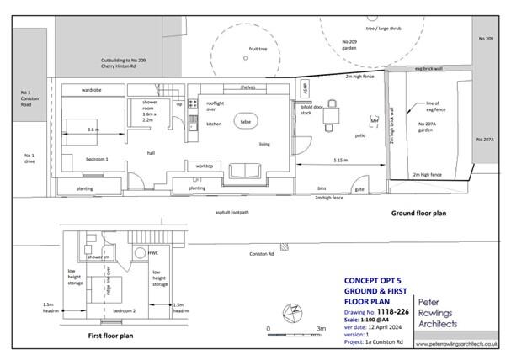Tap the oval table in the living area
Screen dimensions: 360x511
(x=246, y=121)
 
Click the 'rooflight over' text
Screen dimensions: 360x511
(x=215, y=106)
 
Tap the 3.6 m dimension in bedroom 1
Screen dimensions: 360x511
(x=94, y=130)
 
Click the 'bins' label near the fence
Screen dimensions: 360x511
(x=322, y=189)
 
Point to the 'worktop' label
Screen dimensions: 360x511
(x=204, y=167)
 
